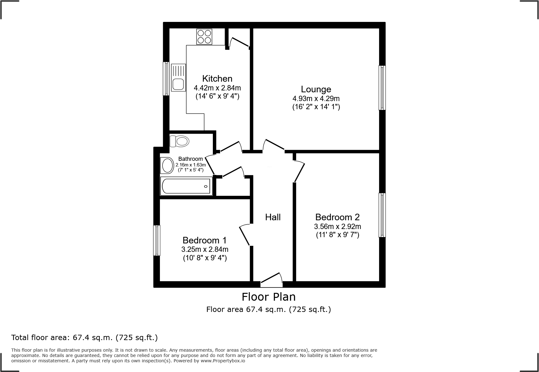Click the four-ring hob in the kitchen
tap(204, 37)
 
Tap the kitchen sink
tap(178, 78)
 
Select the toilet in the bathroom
tap(179, 141)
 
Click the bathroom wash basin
tap(167, 166)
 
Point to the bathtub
tap(186, 186)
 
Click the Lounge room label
tap(316, 89)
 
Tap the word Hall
tap(273, 217)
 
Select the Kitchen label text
tap(217, 79)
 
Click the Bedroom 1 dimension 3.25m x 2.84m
tap(205, 249)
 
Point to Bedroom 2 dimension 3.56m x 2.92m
tap(337, 226)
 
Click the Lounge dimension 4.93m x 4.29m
tap(316, 99)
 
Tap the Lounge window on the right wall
tap(382, 88)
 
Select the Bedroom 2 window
tap(382, 215)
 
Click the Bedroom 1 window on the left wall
tap(157, 240)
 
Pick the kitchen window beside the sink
tap(166, 78)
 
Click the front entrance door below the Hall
tap(271, 281)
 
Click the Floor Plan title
tap(269, 297)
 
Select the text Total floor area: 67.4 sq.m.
tap(84, 338)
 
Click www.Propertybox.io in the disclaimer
tap(223, 361)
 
